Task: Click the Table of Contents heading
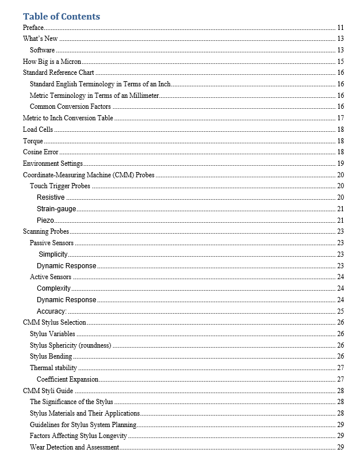tap(62, 17)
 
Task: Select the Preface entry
tap(33, 28)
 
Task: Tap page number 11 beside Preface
tap(340, 28)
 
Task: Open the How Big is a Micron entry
tap(52, 62)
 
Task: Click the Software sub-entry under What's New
tap(43, 50)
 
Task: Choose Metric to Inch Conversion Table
tap(68, 118)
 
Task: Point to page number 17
tap(340, 118)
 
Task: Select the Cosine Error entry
tap(40, 152)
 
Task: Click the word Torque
tap(33, 141)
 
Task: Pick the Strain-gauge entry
tap(56, 209)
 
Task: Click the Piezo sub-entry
tap(46, 220)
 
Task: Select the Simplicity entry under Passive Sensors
tap(53, 254)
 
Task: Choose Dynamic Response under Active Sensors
tap(66, 300)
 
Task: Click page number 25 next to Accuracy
tap(340, 311)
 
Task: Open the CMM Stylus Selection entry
tap(54, 322)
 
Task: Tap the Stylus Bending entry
tap(51, 356)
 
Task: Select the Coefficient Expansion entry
tap(67, 379)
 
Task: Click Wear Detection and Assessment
tap(74, 447)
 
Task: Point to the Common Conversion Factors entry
tap(70, 106)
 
